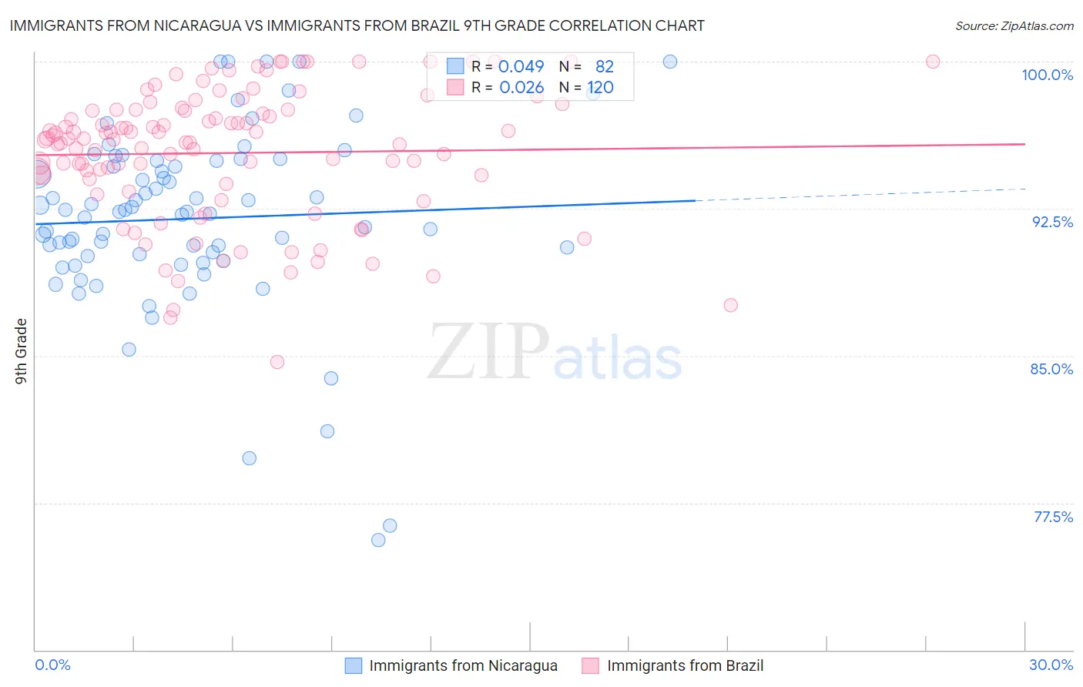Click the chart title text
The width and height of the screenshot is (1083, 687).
click(357, 25)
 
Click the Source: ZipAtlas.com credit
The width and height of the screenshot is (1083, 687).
click(1014, 25)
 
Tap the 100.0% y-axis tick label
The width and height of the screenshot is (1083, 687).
click(1047, 75)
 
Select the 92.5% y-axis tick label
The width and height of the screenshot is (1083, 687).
click(1052, 222)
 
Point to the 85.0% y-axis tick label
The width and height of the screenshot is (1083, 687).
click(1051, 369)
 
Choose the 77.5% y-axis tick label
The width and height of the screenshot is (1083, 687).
click(1053, 517)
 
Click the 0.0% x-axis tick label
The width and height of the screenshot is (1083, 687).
click(52, 665)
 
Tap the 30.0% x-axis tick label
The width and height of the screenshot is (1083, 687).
click(1051, 665)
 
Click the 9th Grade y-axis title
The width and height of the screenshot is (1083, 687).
click(21, 350)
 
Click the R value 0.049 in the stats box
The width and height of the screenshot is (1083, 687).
click(521, 67)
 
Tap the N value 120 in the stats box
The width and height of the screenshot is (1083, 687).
click(600, 88)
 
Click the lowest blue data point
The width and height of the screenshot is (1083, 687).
click(378, 540)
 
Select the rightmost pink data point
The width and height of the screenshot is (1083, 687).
click(933, 62)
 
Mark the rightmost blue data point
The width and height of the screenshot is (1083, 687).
click(670, 62)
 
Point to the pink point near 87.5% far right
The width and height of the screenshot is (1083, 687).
click(731, 305)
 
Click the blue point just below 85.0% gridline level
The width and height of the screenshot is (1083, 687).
click(331, 378)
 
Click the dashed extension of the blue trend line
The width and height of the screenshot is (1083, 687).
click(863, 194)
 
